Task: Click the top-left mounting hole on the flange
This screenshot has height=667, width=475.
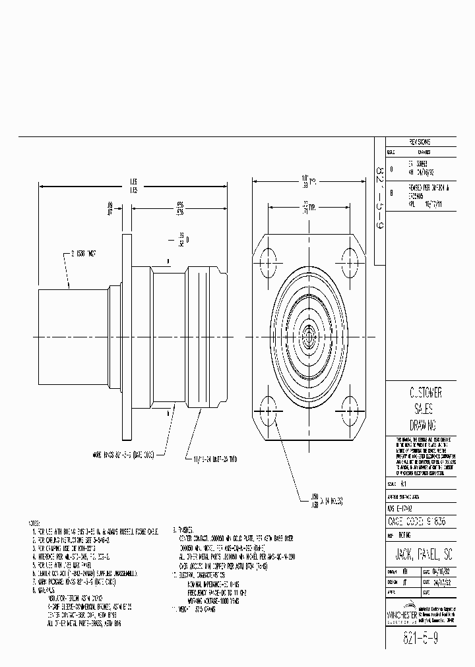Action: [x=270, y=258]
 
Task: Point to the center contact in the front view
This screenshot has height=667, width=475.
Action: [x=309, y=335]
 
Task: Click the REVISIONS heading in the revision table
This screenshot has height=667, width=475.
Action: [x=420, y=142]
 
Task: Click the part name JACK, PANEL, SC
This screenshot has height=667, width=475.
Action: [x=418, y=548]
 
